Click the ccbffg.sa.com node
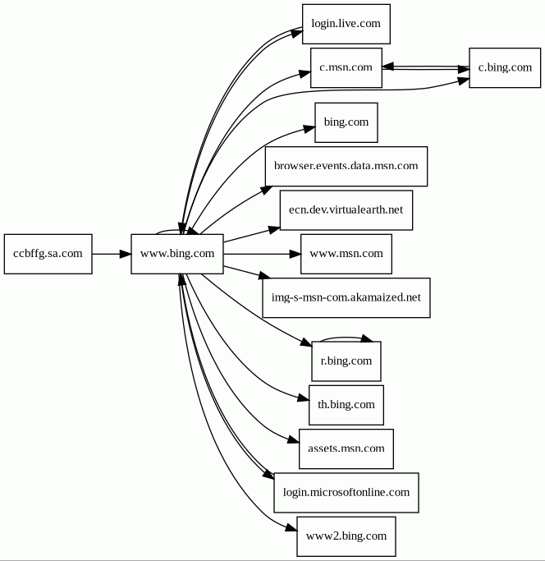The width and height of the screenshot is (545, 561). click(x=48, y=254)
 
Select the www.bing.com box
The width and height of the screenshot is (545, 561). click(x=177, y=254)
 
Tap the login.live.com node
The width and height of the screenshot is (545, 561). click(x=346, y=24)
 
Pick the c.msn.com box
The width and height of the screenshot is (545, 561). click(x=346, y=67)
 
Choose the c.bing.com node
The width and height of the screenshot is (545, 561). click(x=505, y=67)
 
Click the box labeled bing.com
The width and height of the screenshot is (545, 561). click(x=346, y=122)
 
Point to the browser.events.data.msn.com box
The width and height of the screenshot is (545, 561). click(x=346, y=167)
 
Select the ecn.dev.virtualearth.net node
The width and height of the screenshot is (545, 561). click(x=346, y=210)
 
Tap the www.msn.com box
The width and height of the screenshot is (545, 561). click(x=346, y=254)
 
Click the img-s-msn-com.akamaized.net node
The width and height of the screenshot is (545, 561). click(x=346, y=297)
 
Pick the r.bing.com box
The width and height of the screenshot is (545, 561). click(x=346, y=361)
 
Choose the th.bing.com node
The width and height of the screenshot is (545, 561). click(x=346, y=405)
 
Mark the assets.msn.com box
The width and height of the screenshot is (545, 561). click(x=346, y=448)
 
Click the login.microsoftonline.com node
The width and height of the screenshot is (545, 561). click(x=346, y=493)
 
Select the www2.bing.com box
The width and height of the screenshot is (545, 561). click(x=346, y=536)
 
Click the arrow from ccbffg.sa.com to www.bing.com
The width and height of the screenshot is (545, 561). click(x=112, y=254)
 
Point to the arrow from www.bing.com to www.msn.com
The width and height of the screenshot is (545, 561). click(x=262, y=254)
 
